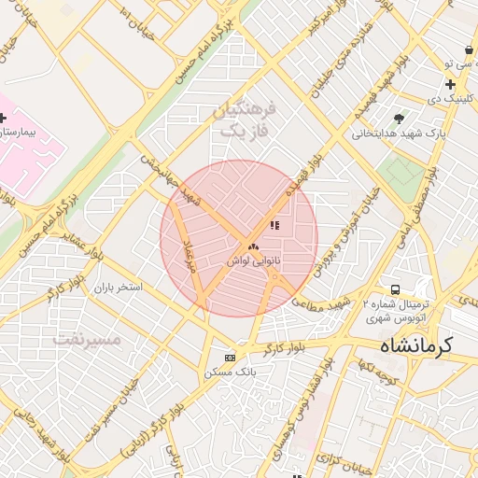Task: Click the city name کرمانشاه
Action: (x=415, y=345)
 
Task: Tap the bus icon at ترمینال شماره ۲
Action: (x=396, y=290)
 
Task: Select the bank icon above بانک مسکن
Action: (x=231, y=358)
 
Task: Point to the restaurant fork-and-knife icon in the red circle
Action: (x=274, y=225)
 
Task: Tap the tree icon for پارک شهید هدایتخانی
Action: (x=400, y=119)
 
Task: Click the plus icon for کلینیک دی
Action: (x=450, y=84)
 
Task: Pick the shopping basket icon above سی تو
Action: (x=468, y=49)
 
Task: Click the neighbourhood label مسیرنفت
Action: (x=86, y=339)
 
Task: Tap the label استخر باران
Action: (x=117, y=288)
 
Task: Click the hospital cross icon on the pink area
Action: (x=3, y=118)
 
